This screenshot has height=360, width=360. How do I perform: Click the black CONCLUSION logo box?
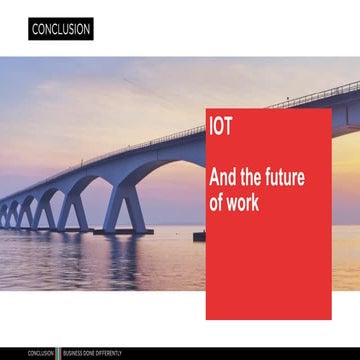61,29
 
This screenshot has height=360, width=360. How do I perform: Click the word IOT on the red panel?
221,128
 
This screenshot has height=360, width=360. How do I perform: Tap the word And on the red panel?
224,178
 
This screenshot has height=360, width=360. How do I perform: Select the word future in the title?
282,178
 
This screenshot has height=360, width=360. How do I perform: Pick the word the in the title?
250,178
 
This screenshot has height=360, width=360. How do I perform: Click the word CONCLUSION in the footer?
41,353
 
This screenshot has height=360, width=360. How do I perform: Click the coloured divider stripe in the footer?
59,353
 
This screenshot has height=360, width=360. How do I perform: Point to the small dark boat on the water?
199,236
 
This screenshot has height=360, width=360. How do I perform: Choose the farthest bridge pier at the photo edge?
3,216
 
